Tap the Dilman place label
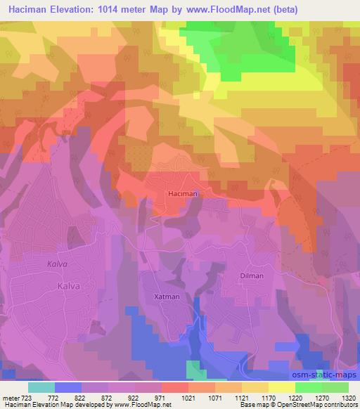[250, 275]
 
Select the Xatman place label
[167, 297]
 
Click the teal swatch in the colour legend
[41, 387]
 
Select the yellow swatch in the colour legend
[282, 387]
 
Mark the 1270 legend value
[322, 397]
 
